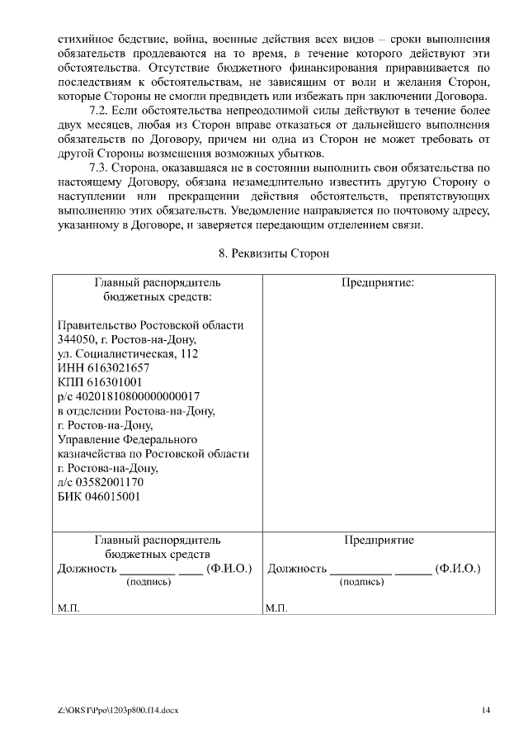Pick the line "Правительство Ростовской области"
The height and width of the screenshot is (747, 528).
pos(150,324)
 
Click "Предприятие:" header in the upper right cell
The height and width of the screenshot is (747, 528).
pos(378,281)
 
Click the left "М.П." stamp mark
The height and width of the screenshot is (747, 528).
pos(68,608)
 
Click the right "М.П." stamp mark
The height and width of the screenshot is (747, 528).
pos(276,608)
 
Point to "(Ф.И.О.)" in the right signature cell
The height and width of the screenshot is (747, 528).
pos(458,568)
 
